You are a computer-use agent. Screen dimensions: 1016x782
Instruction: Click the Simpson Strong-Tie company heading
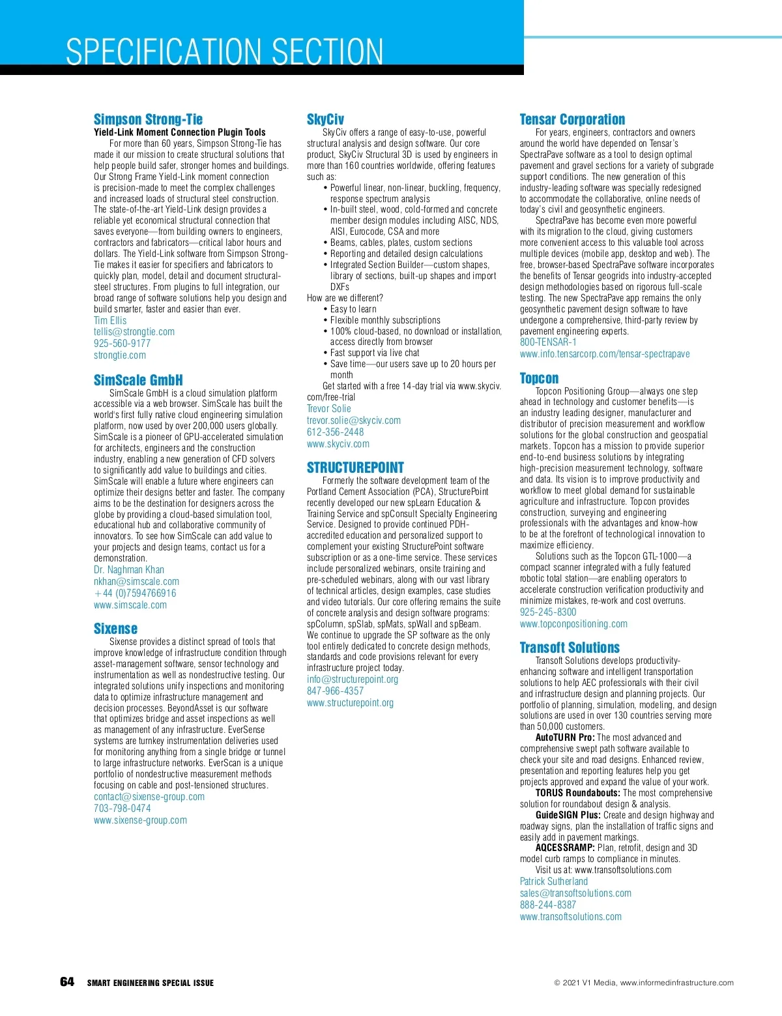pyautogui.click(x=148, y=119)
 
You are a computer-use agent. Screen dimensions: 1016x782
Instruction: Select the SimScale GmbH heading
pyautogui.click(x=138, y=380)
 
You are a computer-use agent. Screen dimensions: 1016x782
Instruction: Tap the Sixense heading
pyautogui.click(x=115, y=629)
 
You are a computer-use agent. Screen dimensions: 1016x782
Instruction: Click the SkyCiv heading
pyautogui.click(x=325, y=119)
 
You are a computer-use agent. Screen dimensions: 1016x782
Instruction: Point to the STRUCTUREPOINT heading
pyautogui.click(x=355, y=468)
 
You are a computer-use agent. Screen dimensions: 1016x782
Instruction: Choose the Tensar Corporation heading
pyautogui.click(x=572, y=119)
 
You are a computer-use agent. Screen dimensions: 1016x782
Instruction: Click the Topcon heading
pyautogui.click(x=539, y=378)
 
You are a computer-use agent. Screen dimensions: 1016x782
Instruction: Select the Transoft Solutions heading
pyautogui.click(x=570, y=648)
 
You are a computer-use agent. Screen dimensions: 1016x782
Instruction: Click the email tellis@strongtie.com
pyautogui.click(x=134, y=332)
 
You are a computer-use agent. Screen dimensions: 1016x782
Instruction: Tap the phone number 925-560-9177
pyautogui.click(x=122, y=344)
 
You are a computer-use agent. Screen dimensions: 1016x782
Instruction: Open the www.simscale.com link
pyautogui.click(x=130, y=605)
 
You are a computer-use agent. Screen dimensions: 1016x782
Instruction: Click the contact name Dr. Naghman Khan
pyautogui.click(x=129, y=570)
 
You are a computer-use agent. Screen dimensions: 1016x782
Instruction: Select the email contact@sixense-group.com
pyautogui.click(x=149, y=797)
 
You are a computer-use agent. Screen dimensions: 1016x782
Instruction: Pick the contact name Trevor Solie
pyautogui.click(x=329, y=409)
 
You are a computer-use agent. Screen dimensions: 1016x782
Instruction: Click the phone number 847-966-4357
pyautogui.click(x=336, y=691)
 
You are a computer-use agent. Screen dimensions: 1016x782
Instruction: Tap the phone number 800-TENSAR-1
pyautogui.click(x=548, y=342)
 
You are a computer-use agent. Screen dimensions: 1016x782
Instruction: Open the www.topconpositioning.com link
pyautogui.click(x=573, y=624)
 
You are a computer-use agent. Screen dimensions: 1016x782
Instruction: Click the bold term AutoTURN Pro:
pyautogui.click(x=565, y=738)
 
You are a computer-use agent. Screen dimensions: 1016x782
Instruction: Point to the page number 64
pyautogui.click(x=67, y=982)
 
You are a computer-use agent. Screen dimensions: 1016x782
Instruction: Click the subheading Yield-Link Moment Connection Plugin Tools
pyautogui.click(x=180, y=132)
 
